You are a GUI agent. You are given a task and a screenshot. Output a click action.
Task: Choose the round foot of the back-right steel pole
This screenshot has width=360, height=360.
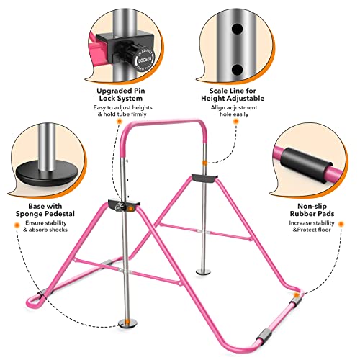204,271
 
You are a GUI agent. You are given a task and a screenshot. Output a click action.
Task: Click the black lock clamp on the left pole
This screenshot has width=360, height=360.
123,204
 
